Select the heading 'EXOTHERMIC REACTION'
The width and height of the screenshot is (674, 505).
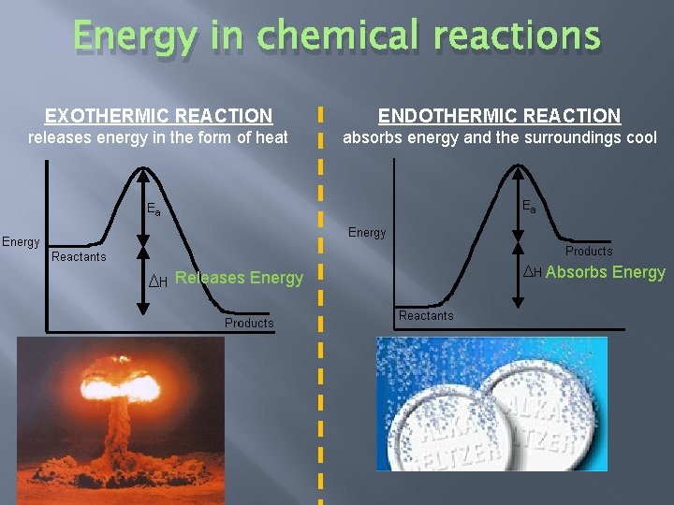tap(159, 116)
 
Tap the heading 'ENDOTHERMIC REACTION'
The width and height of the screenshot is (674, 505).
tap(499, 116)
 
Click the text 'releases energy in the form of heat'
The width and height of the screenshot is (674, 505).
tap(158, 138)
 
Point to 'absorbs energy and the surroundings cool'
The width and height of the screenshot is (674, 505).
tap(500, 138)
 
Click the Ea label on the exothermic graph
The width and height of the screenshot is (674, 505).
tap(154, 209)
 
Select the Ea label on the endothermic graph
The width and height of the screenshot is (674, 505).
tap(529, 206)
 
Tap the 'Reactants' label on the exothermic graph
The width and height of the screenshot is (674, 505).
tap(80, 256)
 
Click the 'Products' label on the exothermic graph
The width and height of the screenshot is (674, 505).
tap(249, 323)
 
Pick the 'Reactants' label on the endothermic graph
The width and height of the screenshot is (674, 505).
tap(426, 315)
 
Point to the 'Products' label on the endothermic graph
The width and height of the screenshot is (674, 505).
tap(589, 251)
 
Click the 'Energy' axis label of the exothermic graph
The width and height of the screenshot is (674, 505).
tap(21, 241)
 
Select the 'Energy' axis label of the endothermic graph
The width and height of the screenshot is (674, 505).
tap(367, 232)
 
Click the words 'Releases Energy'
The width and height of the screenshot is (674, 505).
tap(240, 278)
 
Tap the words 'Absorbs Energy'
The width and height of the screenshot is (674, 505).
tap(606, 272)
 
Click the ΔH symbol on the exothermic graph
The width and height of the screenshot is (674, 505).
tap(158, 281)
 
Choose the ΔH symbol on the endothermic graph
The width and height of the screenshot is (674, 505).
tap(532, 272)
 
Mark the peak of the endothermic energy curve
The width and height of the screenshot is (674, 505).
tap(519, 166)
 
